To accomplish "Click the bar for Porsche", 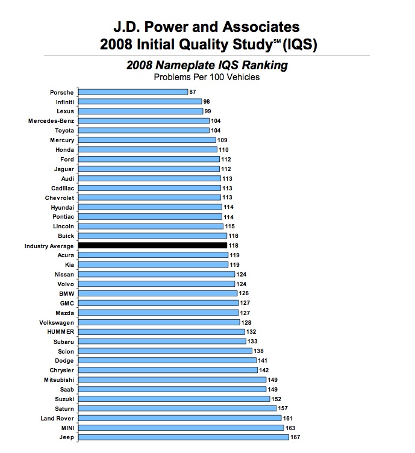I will (133, 92).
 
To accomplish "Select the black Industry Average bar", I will (153, 246).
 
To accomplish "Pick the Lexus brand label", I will (65, 111).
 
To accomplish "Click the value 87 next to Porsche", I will (193, 92).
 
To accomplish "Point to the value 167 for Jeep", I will (295, 437).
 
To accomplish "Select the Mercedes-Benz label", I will (51, 121).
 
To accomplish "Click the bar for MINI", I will (181, 428).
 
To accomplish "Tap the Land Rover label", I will (57, 418).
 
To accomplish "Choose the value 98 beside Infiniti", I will (207, 102).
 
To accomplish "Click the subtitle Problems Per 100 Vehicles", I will (207, 77).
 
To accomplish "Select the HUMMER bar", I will (162, 332).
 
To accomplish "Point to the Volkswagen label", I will (57, 322).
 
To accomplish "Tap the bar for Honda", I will (148, 149).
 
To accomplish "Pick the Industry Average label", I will (49, 246).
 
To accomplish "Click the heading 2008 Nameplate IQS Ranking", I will (207, 65).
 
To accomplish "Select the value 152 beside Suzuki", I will (277, 399).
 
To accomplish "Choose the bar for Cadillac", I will (150, 188).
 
